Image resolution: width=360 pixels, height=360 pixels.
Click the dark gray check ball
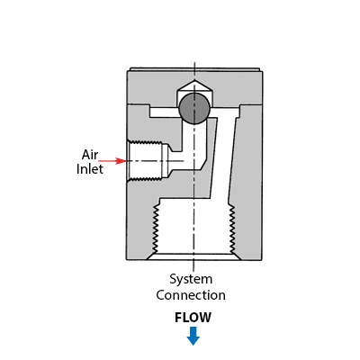point(194,108)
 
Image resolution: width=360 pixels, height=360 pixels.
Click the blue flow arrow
point(193,336)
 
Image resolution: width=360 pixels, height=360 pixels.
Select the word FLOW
point(193,318)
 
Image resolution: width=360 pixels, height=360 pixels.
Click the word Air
point(90,155)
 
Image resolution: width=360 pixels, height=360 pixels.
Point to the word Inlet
point(90,169)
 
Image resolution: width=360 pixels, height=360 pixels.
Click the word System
point(191,279)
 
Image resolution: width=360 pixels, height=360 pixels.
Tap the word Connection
point(191,295)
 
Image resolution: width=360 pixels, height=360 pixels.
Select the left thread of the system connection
point(155,229)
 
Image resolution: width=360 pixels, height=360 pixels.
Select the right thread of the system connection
point(232,229)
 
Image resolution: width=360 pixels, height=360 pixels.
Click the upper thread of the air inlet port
point(145,142)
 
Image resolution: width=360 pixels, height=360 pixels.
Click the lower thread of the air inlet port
point(145,179)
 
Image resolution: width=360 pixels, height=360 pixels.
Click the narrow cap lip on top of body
point(194,69)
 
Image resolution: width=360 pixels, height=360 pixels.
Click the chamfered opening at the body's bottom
point(193,256)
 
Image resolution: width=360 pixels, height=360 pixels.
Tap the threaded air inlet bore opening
point(145,161)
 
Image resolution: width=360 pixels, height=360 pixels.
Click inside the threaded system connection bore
point(193,229)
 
